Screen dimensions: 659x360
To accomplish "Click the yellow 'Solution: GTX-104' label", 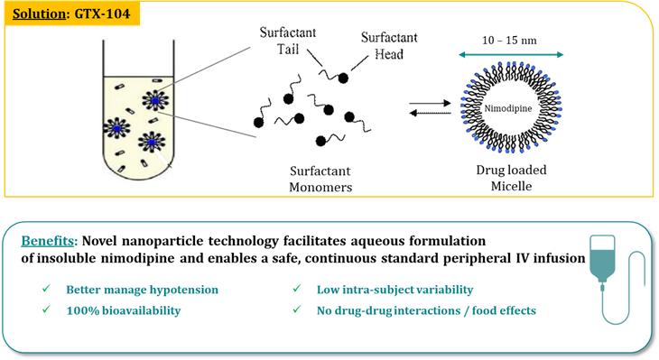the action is tap(72, 14).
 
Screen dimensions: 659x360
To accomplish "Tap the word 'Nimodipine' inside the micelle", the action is tap(508, 108).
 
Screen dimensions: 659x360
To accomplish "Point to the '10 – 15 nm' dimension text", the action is tap(509, 41).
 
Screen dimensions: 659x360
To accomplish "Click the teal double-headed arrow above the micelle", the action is tap(511, 55).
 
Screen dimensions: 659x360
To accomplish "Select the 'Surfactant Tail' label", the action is tap(288, 41).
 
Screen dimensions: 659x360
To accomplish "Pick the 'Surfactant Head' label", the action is tap(389, 46).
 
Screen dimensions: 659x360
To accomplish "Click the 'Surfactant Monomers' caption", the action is tap(320, 179).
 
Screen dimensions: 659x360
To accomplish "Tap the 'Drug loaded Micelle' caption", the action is tap(512, 178).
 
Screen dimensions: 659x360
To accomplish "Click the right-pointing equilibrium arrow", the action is tap(430, 103).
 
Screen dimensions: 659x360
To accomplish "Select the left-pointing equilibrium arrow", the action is tap(430, 113).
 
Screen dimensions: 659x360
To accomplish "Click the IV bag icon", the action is tap(602, 262).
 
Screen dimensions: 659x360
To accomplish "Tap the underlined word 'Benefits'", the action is tap(48, 241).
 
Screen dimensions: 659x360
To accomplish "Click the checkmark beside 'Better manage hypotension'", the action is tap(46, 289).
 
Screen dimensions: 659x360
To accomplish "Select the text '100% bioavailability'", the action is tap(124, 310).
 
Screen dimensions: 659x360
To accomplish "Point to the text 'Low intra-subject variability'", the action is tap(395, 290).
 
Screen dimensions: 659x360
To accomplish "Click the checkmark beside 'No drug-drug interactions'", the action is tap(297, 309).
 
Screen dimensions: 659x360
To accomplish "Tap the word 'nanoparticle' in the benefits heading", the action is tap(162, 242).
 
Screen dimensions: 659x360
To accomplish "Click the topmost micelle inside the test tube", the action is tap(155, 100).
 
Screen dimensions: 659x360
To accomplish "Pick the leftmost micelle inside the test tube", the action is tap(116, 128).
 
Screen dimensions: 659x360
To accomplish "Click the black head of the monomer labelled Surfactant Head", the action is tap(343, 78).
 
